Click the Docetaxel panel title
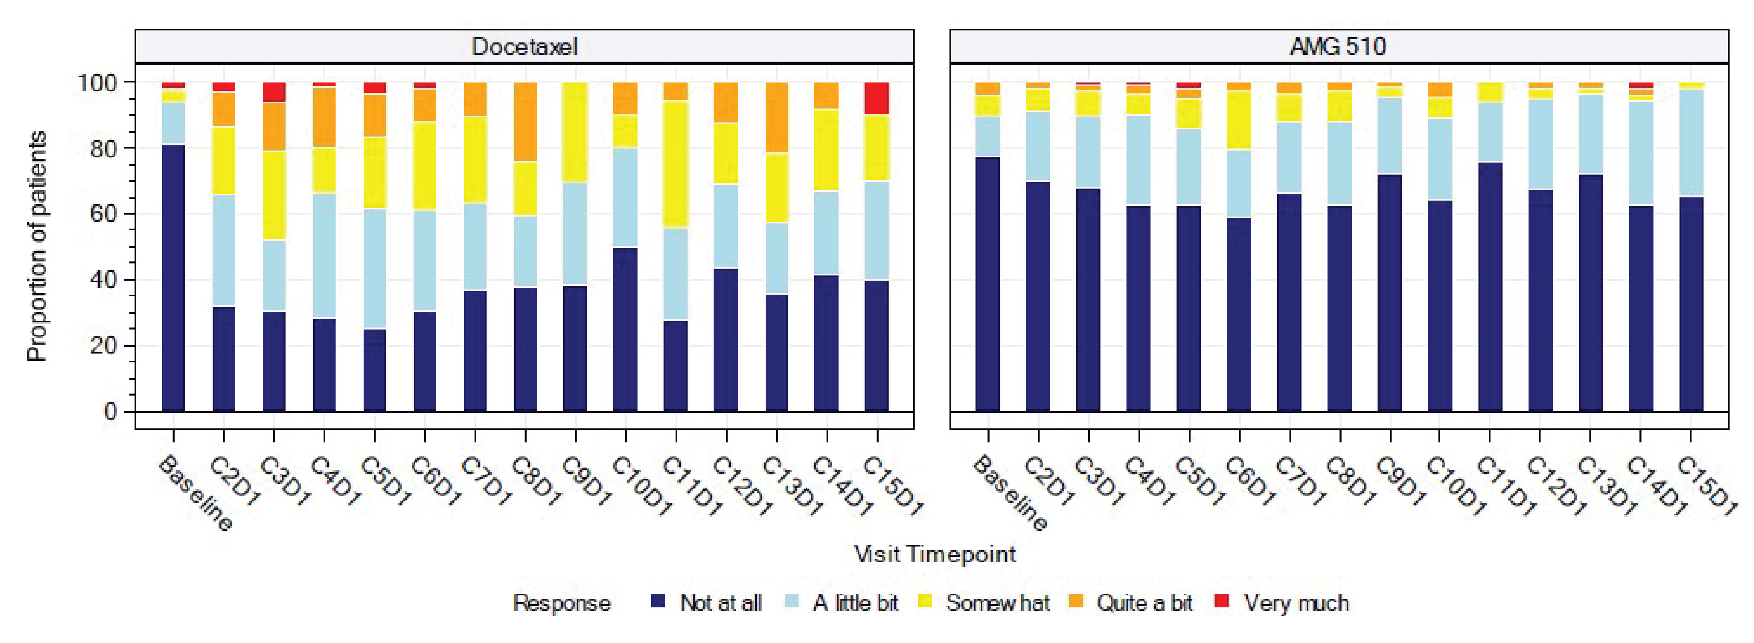(524, 46)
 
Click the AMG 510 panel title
(1338, 46)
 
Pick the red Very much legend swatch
(1222, 601)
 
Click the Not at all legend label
(720, 603)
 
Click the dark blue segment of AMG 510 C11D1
(1490, 286)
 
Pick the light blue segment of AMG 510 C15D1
(1692, 143)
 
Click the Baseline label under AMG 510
(1010, 493)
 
